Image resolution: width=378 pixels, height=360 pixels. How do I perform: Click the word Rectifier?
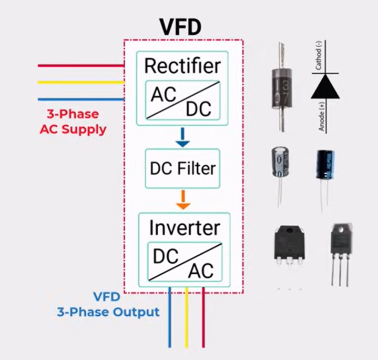coord(182,66)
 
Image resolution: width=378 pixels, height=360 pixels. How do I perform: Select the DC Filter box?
coord(182,168)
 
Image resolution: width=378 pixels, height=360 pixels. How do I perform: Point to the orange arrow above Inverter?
coord(182,198)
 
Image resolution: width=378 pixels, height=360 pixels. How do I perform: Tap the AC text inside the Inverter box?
coord(201,270)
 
